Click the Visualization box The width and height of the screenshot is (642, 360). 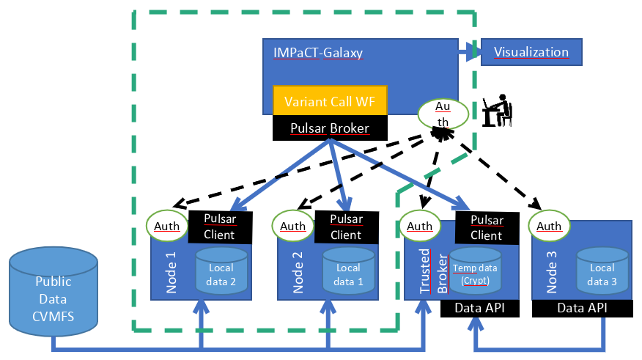(531, 52)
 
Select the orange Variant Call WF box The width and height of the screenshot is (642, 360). (330, 100)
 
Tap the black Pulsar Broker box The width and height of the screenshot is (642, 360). (330, 128)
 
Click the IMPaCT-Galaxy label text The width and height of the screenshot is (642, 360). (318, 53)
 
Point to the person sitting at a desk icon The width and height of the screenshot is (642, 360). (497, 111)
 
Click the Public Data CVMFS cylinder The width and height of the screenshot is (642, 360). (53, 292)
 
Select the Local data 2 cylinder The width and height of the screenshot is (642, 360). (221, 271)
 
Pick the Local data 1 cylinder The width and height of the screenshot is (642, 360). (348, 271)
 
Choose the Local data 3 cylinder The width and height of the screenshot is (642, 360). (602, 271)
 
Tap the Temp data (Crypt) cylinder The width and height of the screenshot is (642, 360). (475, 271)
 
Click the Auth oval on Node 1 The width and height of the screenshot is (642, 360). (166, 226)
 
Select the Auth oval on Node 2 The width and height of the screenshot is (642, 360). (292, 226)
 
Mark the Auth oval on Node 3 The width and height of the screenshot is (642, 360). (549, 226)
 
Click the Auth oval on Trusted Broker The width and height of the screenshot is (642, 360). (420, 226)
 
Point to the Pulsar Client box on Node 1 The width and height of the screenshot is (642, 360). (221, 227)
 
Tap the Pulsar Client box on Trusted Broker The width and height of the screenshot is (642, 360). (487, 228)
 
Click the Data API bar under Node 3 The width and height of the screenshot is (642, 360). (582, 309)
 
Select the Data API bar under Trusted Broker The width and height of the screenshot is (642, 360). (480, 309)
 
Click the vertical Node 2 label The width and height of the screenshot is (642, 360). (298, 272)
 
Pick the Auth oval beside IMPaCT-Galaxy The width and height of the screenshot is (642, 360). (443, 114)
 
